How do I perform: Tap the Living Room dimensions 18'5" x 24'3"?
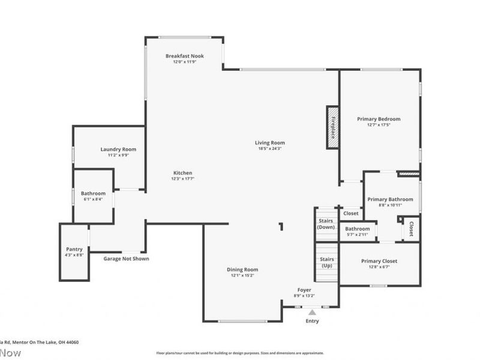(269, 148)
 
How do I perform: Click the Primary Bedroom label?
(379, 119)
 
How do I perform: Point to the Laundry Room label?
(118, 149)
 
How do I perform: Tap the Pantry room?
(74, 252)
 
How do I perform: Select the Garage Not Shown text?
(126, 259)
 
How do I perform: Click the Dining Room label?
(242, 269)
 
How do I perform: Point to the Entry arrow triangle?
(312, 312)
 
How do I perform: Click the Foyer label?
(304, 290)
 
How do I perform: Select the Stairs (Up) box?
(327, 262)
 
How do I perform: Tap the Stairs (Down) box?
(326, 224)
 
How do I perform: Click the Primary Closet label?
(379, 261)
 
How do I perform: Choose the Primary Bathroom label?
(390, 199)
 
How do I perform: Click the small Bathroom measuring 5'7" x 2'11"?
(358, 231)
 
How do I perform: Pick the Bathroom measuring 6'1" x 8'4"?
(94, 196)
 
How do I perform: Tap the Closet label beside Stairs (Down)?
(351, 213)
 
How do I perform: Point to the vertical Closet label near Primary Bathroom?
(412, 228)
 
